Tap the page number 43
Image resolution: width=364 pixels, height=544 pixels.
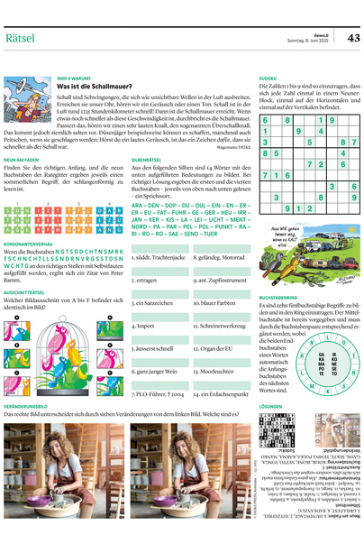click(x=352, y=38)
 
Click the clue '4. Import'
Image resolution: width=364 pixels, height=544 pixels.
click(x=144, y=325)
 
